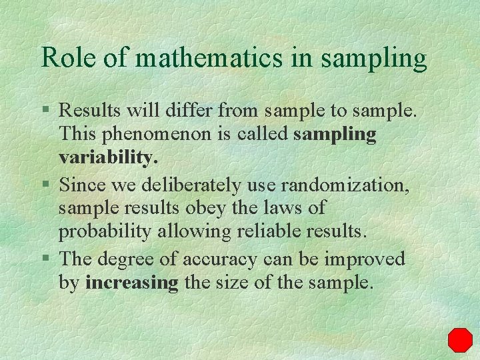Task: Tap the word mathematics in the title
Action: [209, 58]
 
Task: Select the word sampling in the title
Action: [373, 59]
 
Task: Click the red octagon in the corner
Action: [460, 340]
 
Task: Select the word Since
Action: [81, 183]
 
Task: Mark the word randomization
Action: [353, 183]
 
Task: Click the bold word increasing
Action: [132, 283]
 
